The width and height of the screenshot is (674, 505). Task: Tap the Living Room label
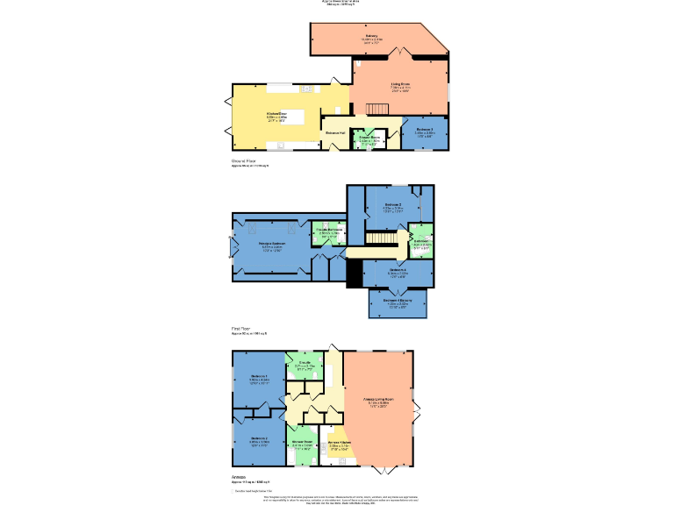pos(400,85)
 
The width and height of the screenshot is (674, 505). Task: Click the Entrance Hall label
pos(335,132)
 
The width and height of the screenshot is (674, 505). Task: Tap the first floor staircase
pos(379,238)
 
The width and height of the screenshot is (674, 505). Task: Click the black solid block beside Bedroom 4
pos(355,275)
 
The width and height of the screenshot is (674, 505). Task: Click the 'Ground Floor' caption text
pos(244,161)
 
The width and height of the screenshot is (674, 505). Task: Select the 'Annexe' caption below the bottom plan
pos(239,478)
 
